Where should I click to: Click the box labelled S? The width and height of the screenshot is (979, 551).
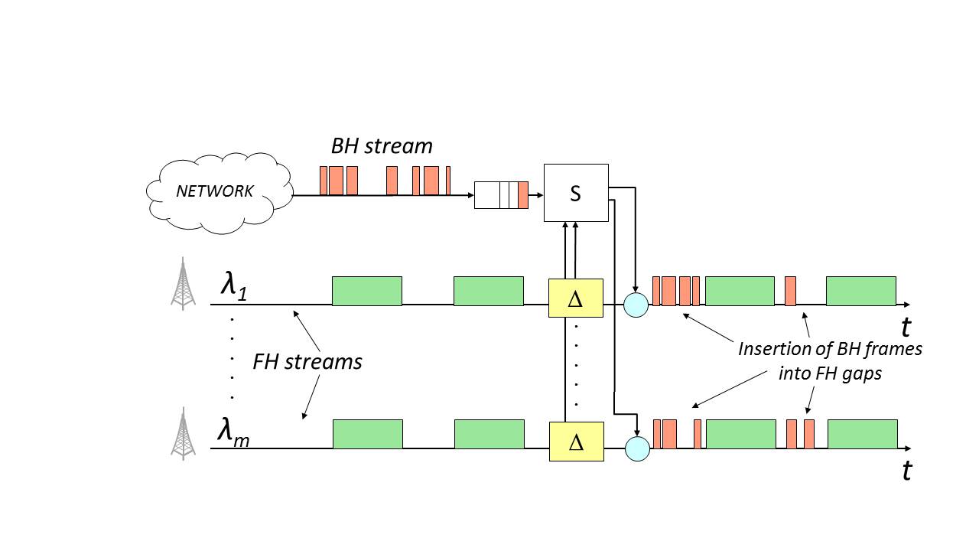(x=576, y=194)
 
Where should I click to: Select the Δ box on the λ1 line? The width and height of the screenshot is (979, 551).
(x=576, y=298)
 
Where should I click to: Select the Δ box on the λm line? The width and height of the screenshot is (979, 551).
(x=577, y=442)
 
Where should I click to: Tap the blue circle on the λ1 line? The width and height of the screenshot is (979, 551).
(x=636, y=305)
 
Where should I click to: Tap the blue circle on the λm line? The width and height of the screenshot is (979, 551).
(x=637, y=448)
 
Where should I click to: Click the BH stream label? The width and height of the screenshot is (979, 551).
(x=382, y=146)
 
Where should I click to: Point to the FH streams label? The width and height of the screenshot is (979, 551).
(x=307, y=361)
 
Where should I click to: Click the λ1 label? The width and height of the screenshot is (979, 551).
(x=234, y=285)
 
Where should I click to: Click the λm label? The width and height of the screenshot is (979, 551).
(x=233, y=432)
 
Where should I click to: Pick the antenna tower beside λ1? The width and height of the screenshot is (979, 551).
(x=183, y=285)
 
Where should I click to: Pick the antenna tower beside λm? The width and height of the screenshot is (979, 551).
(x=183, y=433)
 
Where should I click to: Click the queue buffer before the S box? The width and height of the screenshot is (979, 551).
(x=501, y=195)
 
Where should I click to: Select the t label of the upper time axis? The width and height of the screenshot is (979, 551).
(x=906, y=328)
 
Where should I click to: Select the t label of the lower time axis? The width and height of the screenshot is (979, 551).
(x=906, y=471)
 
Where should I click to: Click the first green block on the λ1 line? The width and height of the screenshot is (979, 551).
(x=366, y=291)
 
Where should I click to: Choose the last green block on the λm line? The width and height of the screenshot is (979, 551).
(x=862, y=434)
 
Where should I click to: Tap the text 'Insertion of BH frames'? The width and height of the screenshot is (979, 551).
(x=830, y=349)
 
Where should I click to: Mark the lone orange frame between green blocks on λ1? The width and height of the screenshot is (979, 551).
(x=790, y=292)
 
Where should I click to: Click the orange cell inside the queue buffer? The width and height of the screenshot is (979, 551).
(x=523, y=195)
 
